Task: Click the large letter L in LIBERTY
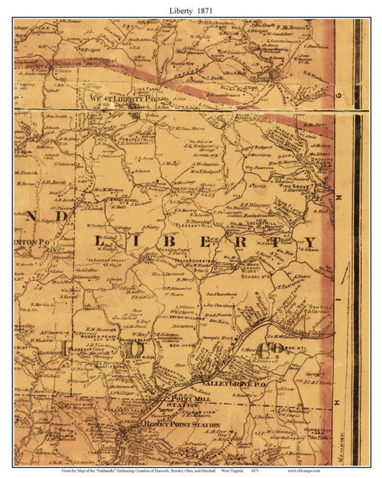tap(99, 242)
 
